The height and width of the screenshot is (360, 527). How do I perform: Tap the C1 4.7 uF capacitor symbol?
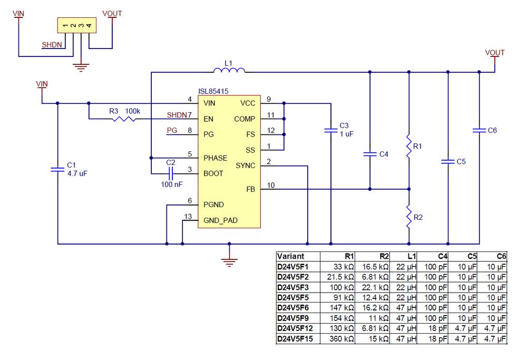pos(56,169)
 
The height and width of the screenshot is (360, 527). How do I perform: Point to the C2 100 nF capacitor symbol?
pos(170,173)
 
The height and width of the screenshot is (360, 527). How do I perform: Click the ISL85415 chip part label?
pos(213,91)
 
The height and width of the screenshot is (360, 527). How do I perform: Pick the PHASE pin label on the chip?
pos(215,158)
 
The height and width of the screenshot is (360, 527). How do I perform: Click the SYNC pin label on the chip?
pos(246,166)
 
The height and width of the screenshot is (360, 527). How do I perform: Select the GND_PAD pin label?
pos(220,221)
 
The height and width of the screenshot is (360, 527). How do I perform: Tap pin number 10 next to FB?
pos(271,184)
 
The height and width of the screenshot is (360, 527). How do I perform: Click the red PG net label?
pos(172,130)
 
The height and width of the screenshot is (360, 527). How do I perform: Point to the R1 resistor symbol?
pos(409,147)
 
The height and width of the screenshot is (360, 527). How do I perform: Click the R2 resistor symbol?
pos(409,216)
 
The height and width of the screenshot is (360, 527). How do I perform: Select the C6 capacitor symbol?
pos(479,130)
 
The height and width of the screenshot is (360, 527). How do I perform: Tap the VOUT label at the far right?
pos(495,53)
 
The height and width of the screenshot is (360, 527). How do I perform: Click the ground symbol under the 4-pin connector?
pos(81,66)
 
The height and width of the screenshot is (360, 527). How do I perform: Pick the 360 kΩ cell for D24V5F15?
pos(342,339)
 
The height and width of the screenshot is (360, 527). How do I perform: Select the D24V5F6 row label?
pos(293,307)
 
